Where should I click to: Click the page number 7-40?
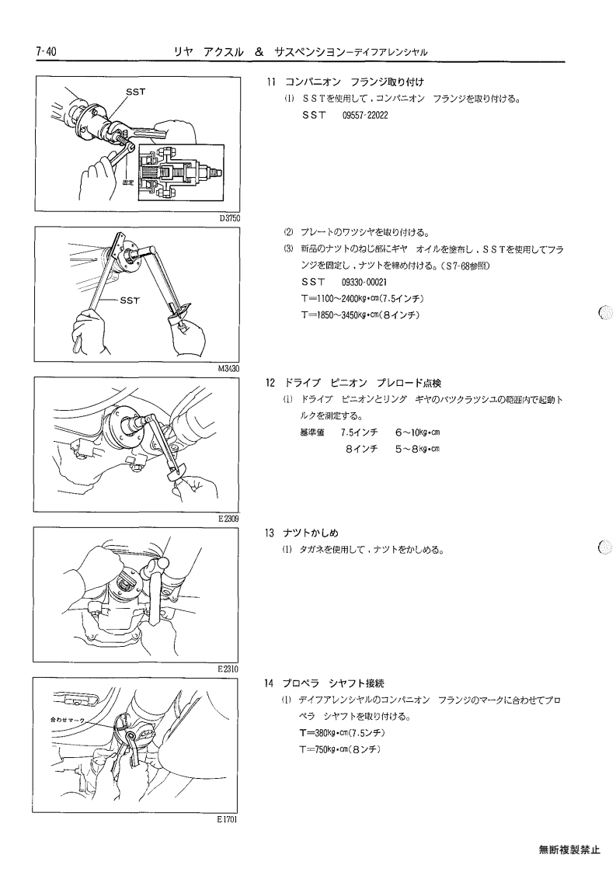click(x=46, y=52)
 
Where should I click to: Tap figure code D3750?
click(x=229, y=218)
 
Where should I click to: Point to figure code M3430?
click(x=228, y=369)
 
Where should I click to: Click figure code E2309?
click(x=228, y=519)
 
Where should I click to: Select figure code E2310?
click(x=228, y=669)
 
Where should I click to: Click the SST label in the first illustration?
click(x=136, y=92)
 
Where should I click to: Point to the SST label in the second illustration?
click(x=130, y=301)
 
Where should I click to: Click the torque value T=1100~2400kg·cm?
click(x=339, y=299)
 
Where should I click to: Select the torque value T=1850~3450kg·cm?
click(x=339, y=315)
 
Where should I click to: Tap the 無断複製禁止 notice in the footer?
click(x=570, y=849)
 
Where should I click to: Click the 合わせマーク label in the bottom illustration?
click(x=66, y=720)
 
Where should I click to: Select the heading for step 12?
click(x=353, y=383)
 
